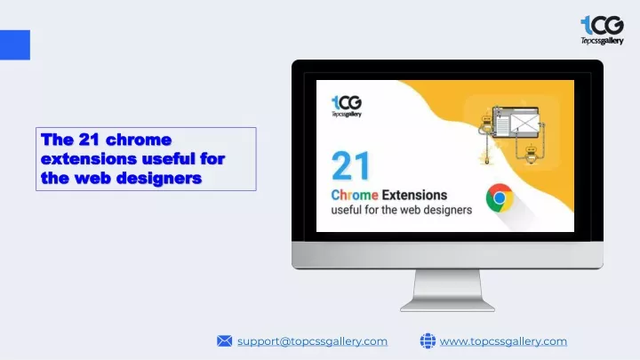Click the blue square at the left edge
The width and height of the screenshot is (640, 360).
pyautogui.click(x=15, y=45)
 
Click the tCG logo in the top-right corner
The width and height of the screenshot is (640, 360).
pyautogui.click(x=602, y=30)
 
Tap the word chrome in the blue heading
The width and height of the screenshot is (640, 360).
pyautogui.click(x=139, y=140)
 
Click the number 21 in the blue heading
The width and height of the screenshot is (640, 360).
pyautogui.click(x=90, y=140)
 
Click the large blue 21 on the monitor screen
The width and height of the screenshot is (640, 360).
pyautogui.click(x=351, y=165)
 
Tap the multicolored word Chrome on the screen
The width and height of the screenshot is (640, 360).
pyautogui.click(x=355, y=195)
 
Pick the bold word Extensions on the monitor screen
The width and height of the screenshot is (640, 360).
pyautogui.click(x=415, y=195)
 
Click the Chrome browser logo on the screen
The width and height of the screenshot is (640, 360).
pyautogui.click(x=500, y=198)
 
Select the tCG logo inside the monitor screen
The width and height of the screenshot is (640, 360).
pyautogui.click(x=347, y=106)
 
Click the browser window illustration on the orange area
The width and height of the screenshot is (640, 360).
pyautogui.click(x=516, y=123)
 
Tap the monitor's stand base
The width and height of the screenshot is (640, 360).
pyautogui.click(x=447, y=306)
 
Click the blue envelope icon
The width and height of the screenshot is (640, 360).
pyautogui.click(x=225, y=340)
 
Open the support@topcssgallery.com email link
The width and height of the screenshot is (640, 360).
pyautogui.click(x=312, y=341)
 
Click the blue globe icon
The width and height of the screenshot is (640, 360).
pyautogui.click(x=428, y=340)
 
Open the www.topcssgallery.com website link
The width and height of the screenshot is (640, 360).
pyautogui.click(x=503, y=341)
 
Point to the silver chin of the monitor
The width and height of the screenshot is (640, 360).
pyautogui.click(x=447, y=255)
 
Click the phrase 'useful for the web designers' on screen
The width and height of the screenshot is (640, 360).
pyautogui.click(x=402, y=210)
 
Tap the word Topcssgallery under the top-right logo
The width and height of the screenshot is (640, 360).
pyautogui.click(x=603, y=41)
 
